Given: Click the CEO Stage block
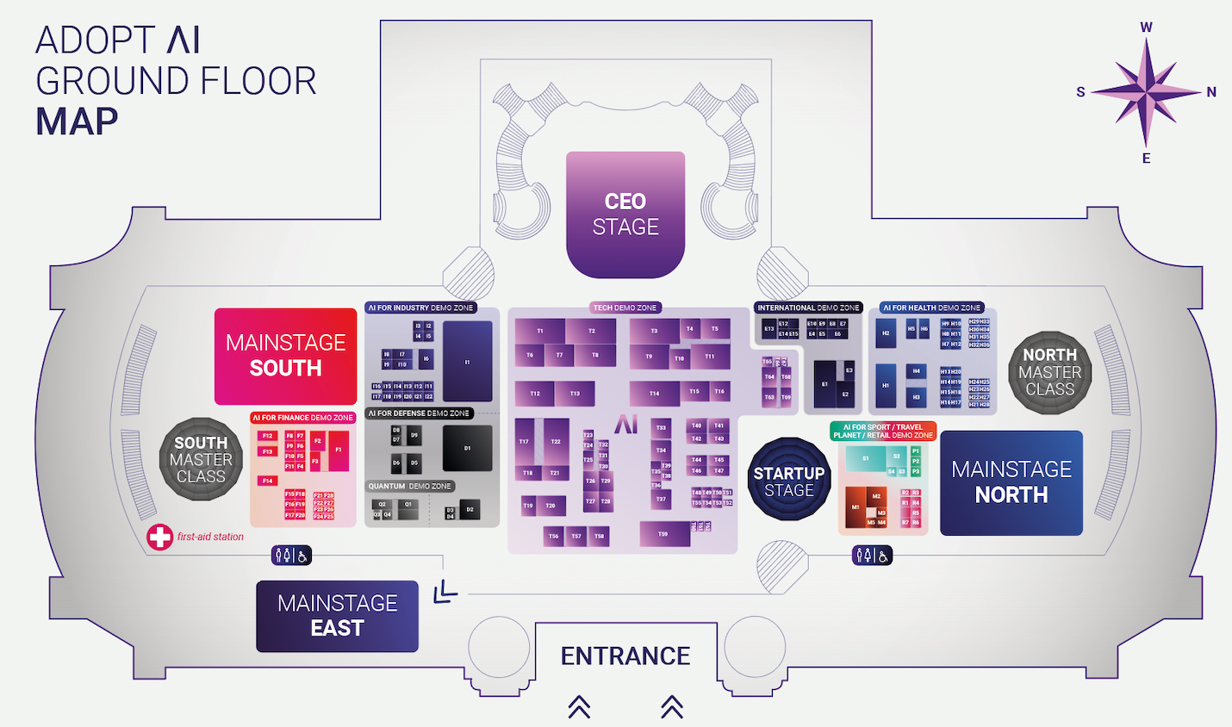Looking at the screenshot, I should coord(625,214).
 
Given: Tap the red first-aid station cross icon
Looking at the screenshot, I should coord(159,537).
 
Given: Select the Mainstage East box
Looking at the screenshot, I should coord(337,616).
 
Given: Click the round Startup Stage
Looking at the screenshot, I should coord(788,481).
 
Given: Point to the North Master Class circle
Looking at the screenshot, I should coord(1049,372).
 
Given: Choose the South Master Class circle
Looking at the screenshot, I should coord(201,459).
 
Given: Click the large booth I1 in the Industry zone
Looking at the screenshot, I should coord(468,362).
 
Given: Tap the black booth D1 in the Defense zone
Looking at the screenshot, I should coord(468,448).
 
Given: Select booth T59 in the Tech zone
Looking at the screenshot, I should coord(663,534).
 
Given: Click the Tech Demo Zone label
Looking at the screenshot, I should coord(625,308).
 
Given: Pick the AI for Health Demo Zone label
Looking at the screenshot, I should coord(932,308).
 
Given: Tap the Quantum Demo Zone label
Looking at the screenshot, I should coord(410,486).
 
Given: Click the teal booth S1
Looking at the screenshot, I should coord(865,458).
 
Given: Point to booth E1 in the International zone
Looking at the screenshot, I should coord(824,384).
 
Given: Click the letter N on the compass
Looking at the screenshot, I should coord(1211,92).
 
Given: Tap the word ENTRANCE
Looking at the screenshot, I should coord(625,656).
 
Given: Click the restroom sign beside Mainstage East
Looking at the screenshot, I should coord(291,556).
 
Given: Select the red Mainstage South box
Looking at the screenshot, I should coord(285,356).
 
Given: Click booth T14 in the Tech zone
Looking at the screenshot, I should coord(654,394).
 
